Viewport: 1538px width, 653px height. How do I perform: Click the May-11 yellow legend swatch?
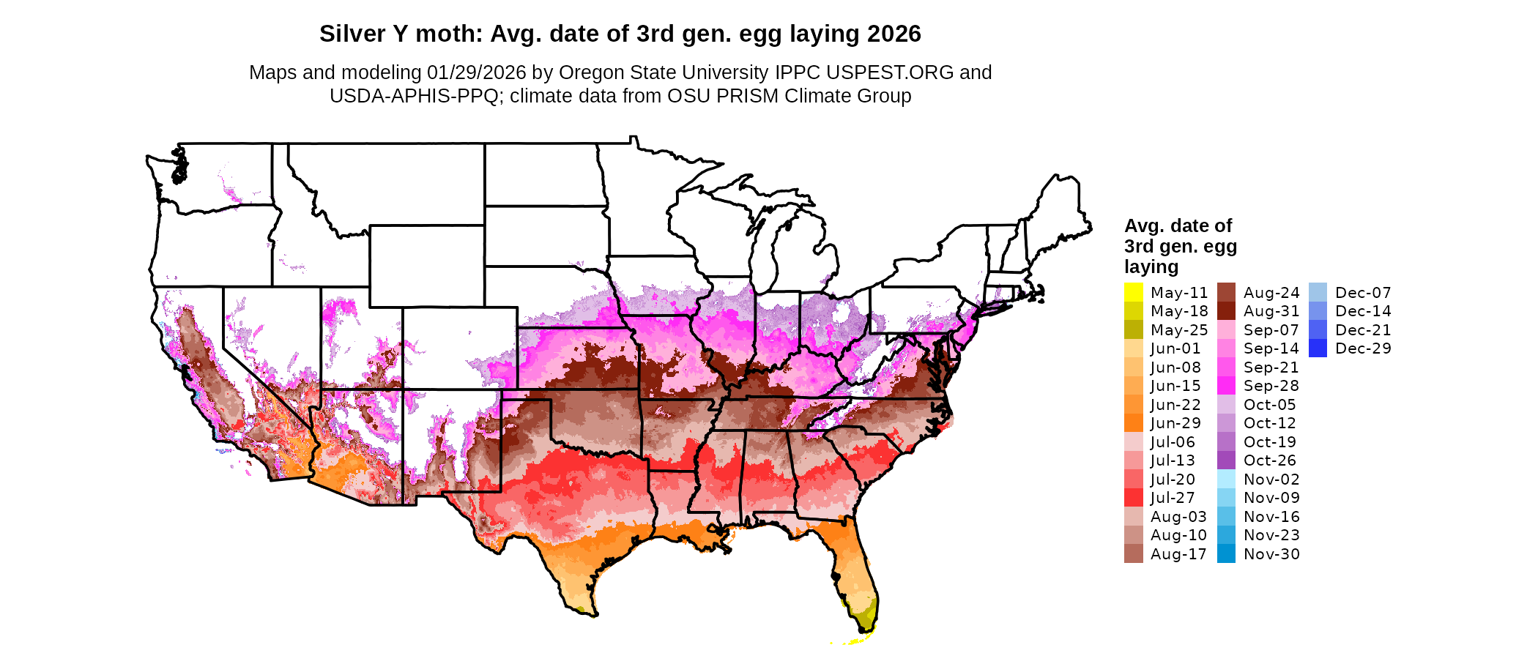(x=1133, y=292)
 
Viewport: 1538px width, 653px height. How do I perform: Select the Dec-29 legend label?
(x=1362, y=348)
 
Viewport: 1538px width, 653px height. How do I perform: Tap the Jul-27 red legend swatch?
(x=1133, y=498)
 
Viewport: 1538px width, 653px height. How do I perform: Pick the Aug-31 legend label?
(x=1271, y=311)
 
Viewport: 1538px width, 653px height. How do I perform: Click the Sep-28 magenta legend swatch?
(x=1226, y=386)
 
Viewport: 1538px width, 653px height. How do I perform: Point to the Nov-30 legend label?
(x=1271, y=554)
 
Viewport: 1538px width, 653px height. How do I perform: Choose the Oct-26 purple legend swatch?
(x=1226, y=460)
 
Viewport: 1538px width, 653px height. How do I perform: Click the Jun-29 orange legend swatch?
(x=1133, y=423)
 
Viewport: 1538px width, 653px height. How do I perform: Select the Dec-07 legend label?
(x=1362, y=293)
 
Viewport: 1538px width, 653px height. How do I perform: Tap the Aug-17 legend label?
(x=1178, y=554)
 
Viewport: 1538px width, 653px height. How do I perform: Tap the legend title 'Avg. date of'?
(x=1178, y=225)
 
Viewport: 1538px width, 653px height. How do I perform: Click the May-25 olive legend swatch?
(x=1133, y=329)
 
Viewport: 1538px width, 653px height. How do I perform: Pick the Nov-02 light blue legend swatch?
(x=1226, y=480)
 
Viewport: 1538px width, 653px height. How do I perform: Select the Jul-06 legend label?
(x=1172, y=442)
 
